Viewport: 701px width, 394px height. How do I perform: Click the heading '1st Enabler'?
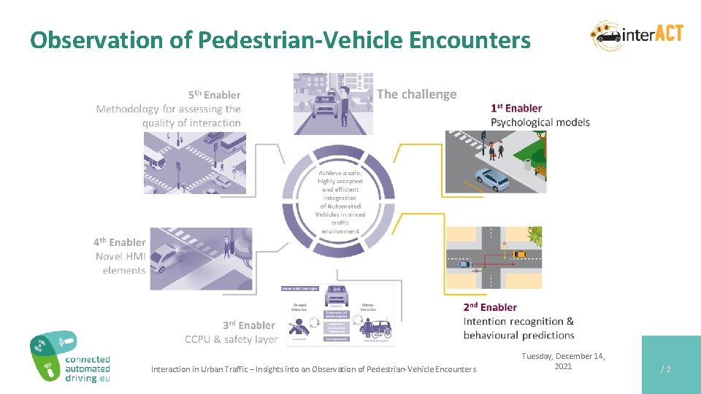(516, 108)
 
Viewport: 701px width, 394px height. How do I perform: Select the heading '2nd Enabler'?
(489, 307)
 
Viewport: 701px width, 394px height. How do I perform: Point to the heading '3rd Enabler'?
(249, 325)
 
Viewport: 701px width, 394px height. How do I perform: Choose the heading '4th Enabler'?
(119, 242)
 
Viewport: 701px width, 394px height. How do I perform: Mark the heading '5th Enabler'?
(214, 95)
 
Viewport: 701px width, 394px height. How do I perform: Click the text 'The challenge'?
(417, 94)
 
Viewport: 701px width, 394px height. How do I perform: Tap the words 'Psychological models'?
(540, 122)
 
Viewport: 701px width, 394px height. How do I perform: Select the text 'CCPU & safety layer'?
(231, 339)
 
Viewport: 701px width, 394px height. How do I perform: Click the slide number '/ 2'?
(665, 369)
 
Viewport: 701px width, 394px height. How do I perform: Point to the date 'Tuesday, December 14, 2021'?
(562, 361)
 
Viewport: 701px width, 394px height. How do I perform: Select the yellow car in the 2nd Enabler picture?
(518, 254)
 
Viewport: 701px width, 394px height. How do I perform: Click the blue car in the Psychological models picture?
(491, 177)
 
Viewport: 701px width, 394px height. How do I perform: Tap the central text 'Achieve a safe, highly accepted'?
(340, 177)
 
